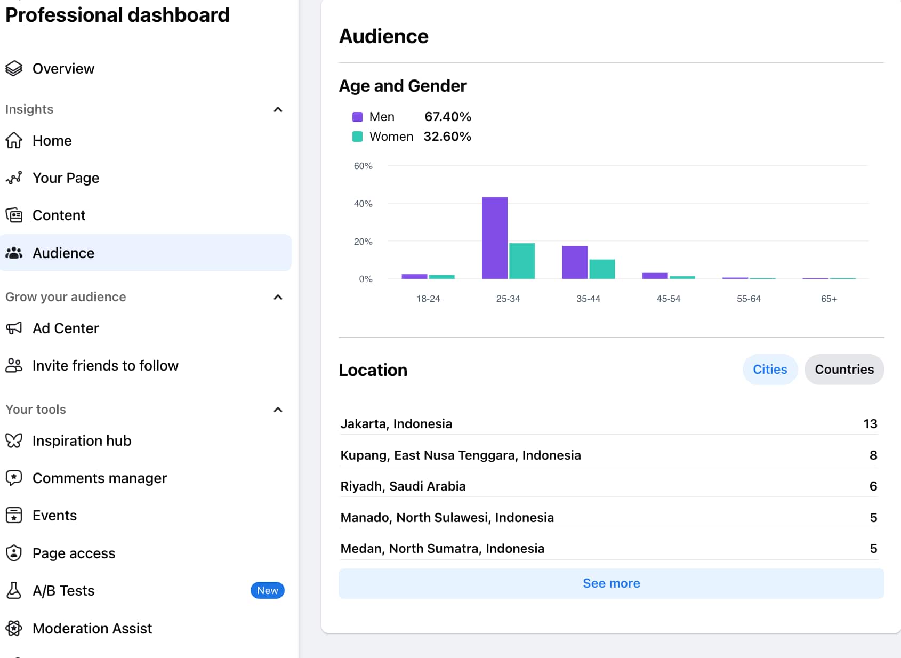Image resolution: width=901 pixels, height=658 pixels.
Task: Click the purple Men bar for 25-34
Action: click(494, 238)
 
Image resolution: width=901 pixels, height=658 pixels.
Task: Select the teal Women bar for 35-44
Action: click(602, 269)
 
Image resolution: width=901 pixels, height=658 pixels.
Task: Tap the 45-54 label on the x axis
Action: click(668, 299)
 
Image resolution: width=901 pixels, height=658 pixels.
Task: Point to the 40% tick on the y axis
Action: click(363, 204)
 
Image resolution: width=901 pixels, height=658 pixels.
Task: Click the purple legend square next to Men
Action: click(358, 117)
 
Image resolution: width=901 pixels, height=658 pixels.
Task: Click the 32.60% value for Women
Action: click(447, 137)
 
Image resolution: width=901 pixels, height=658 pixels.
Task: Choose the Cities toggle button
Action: click(769, 370)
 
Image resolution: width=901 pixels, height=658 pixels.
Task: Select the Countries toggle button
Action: click(843, 370)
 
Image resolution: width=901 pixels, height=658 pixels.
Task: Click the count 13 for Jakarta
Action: click(870, 424)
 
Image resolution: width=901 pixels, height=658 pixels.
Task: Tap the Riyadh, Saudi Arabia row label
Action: click(403, 486)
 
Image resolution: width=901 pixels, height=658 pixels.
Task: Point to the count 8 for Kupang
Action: click(873, 455)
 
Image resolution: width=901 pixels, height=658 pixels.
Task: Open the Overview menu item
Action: click(63, 69)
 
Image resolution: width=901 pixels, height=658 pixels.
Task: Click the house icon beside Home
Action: click(14, 141)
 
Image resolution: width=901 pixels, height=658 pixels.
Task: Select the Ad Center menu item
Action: click(66, 328)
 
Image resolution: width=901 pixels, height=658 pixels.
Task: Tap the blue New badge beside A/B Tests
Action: click(267, 590)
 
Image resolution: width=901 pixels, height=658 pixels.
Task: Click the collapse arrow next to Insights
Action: click(278, 109)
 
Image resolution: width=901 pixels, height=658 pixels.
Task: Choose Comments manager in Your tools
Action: click(99, 478)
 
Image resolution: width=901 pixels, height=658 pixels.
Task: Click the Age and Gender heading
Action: click(403, 86)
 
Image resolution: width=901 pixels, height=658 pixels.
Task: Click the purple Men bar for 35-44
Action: click(574, 262)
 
